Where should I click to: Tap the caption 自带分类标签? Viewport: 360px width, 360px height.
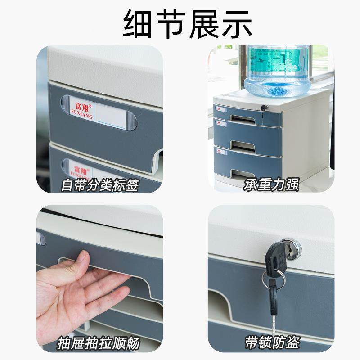pyautogui.click(x=99, y=185)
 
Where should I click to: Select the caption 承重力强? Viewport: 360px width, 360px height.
pyautogui.click(x=271, y=185)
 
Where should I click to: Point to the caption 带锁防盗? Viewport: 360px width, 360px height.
pyautogui.click(x=272, y=344)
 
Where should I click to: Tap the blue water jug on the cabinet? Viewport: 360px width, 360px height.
pyautogui.click(x=274, y=67)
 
